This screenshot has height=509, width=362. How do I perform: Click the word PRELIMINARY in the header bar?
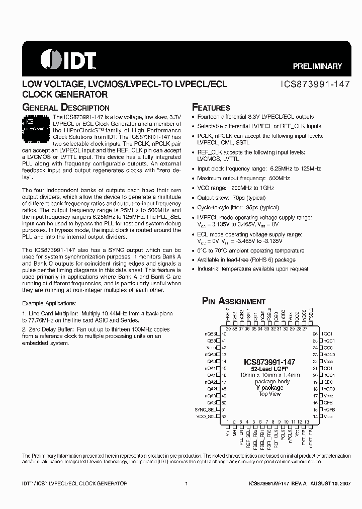317,66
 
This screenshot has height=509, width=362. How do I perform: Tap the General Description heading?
66,107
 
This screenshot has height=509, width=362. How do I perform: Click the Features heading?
211,107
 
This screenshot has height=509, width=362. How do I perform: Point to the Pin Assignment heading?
233,301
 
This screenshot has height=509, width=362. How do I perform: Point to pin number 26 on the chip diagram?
315,334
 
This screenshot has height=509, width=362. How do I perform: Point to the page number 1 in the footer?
187,484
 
